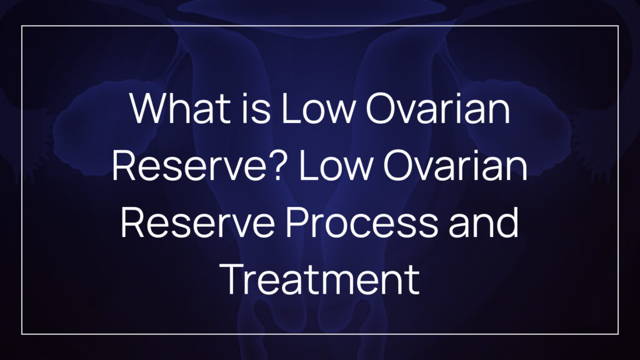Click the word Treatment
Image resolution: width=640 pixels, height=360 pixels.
click(320, 279)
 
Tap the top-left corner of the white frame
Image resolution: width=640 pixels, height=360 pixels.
click(22, 26)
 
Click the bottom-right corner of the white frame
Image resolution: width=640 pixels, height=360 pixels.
click(618, 334)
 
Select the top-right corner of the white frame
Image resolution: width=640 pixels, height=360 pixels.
click(618, 26)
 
